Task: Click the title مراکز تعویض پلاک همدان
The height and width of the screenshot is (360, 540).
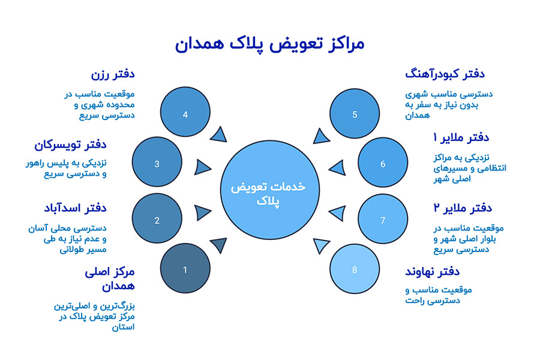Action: pyautogui.click(x=269, y=44)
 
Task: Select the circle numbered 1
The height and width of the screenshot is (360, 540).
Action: pyautogui.click(x=185, y=269)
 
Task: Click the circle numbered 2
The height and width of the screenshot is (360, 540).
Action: pyautogui.click(x=157, y=220)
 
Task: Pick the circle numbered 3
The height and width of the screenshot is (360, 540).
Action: pyautogui.click(x=157, y=164)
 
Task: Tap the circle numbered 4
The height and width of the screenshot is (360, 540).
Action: pyautogui.click(x=185, y=114)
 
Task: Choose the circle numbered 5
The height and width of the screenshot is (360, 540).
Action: pyautogui.click(x=355, y=114)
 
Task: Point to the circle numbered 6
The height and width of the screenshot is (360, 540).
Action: pyautogui.click(x=383, y=164)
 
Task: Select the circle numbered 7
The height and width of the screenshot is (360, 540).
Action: pyautogui.click(x=383, y=220)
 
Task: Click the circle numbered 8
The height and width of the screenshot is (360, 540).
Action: pyautogui.click(x=355, y=269)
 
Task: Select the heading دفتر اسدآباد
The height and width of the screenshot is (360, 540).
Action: pyautogui.click(x=75, y=208)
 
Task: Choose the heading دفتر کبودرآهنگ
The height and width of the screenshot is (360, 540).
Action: pyautogui.click(x=445, y=74)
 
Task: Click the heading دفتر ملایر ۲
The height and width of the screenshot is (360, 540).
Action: pyautogui.click(x=463, y=208)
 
